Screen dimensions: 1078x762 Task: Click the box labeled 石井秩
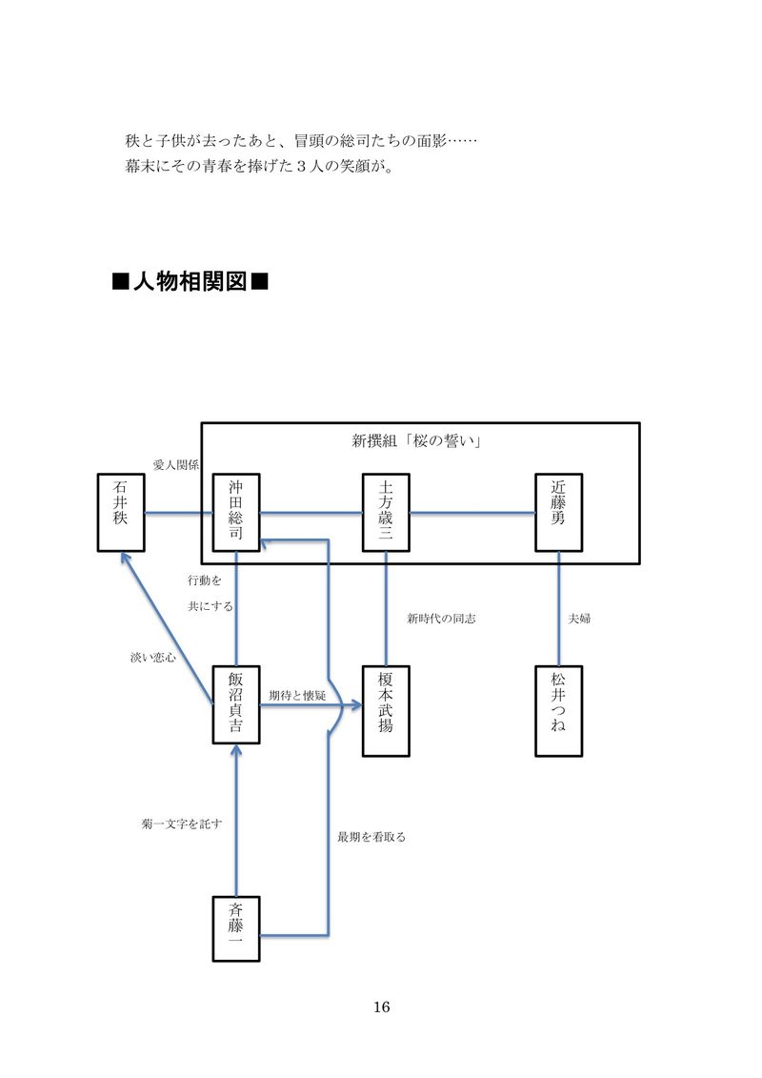tap(121, 513)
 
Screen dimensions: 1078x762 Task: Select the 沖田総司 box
tap(236, 513)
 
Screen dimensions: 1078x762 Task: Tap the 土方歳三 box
tap(386, 513)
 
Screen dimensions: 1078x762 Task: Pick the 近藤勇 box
tap(558, 513)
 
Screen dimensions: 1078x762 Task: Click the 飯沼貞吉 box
tap(236, 704)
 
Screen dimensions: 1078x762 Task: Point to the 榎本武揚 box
tap(386, 711)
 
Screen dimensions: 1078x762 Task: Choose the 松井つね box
tap(558, 711)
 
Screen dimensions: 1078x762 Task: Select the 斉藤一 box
tap(236, 929)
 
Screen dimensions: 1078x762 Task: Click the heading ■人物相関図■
tap(190, 282)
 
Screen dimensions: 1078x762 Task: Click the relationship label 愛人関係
tap(175, 465)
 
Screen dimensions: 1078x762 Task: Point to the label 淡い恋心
tap(152, 658)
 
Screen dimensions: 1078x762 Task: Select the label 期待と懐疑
tap(297, 696)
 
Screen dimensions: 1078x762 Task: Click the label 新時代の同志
tap(441, 619)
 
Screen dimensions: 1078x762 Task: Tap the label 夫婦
tap(579, 619)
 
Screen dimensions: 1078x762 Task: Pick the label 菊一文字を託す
tap(182, 823)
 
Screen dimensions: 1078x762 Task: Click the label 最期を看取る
tap(371, 837)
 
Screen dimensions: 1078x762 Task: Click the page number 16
tap(382, 1007)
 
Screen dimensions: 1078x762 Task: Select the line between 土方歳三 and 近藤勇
tap(472, 514)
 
